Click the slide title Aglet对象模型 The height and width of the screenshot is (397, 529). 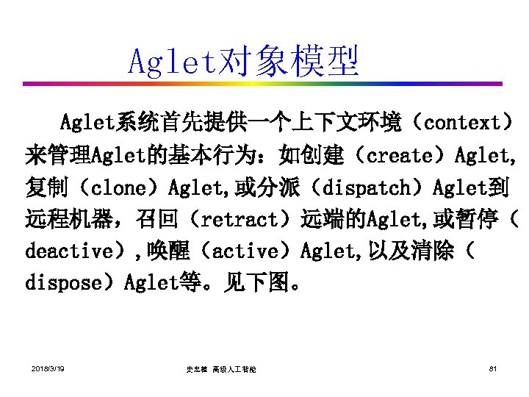[x=243, y=62]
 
